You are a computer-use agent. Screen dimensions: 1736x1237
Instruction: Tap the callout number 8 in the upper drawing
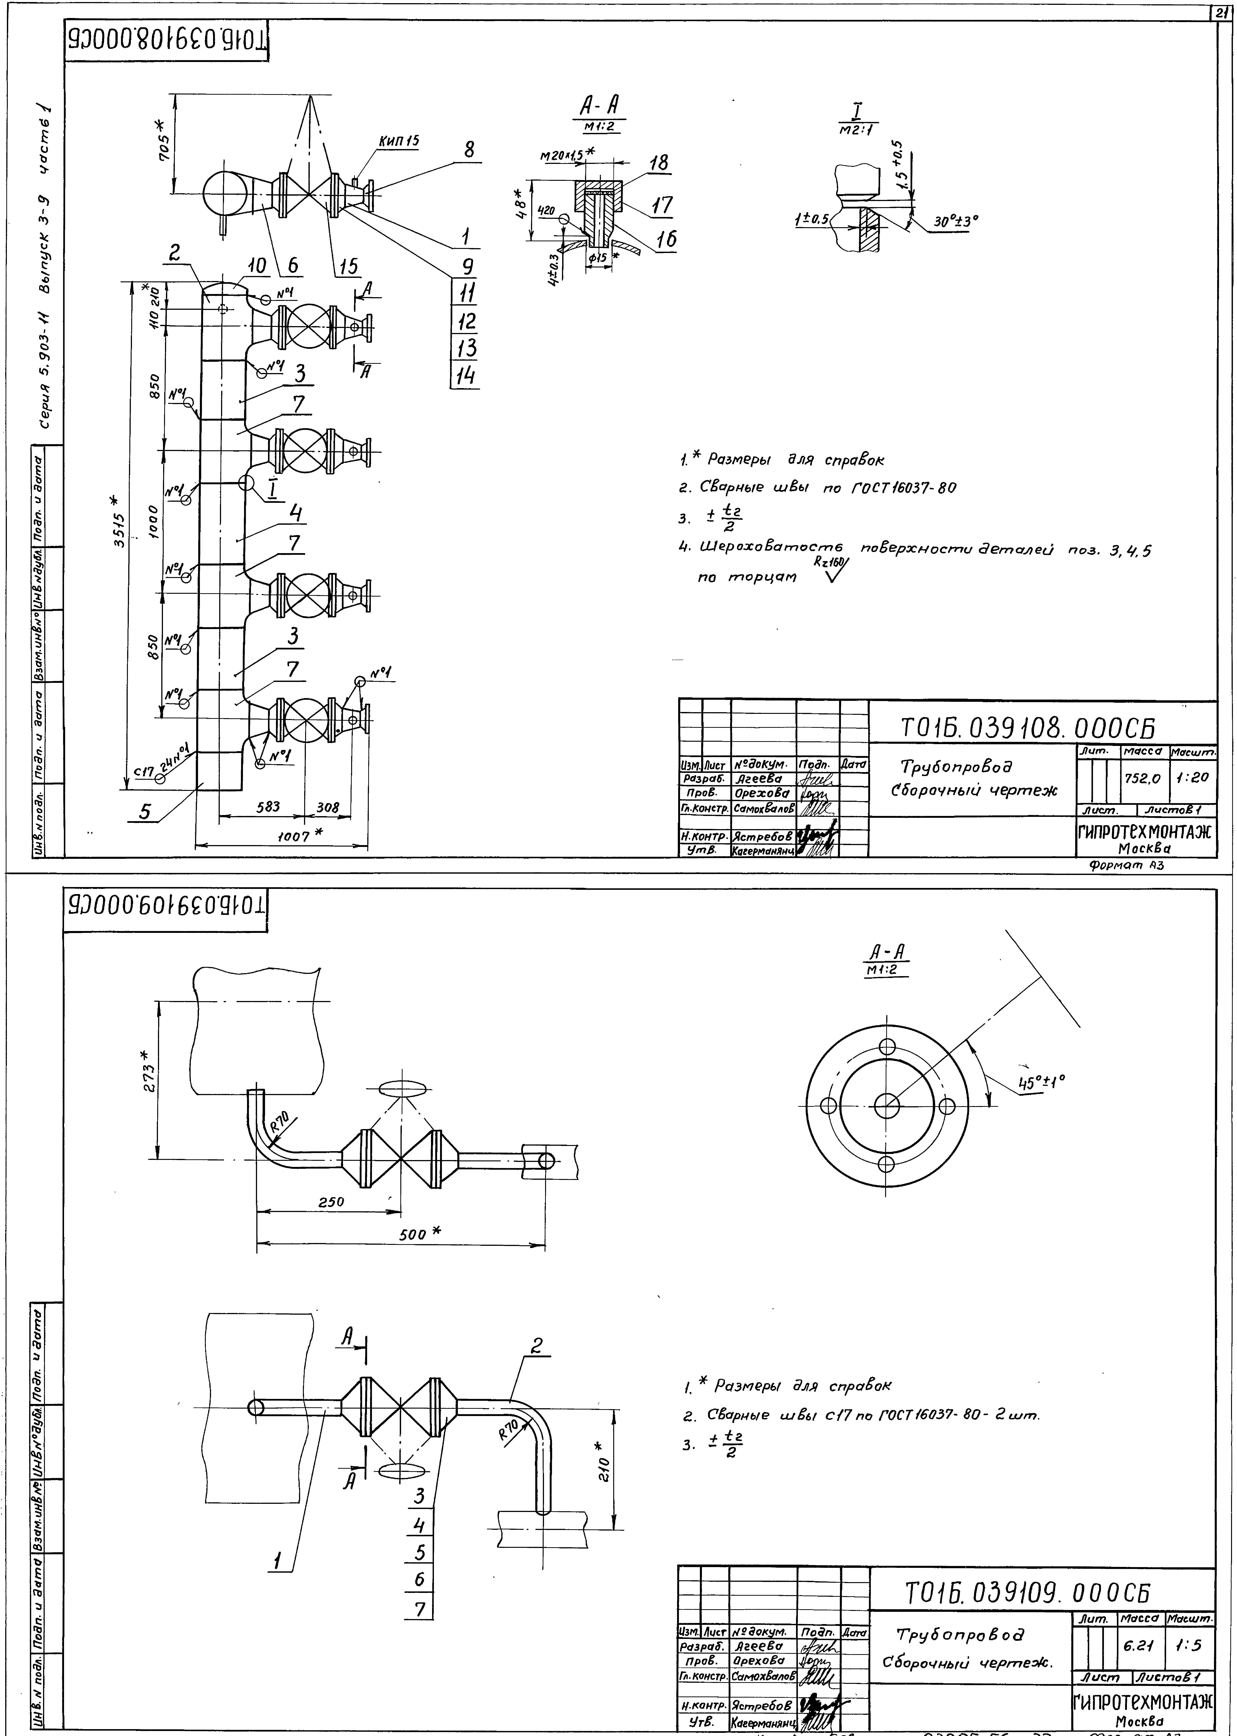tap(469, 150)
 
